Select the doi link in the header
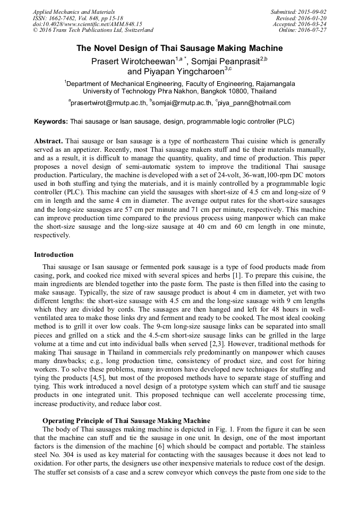pos(87,24)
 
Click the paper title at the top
pos(179,48)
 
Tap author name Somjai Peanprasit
pos(225,61)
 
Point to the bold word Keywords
pos(51,122)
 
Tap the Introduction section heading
pos(54,255)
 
